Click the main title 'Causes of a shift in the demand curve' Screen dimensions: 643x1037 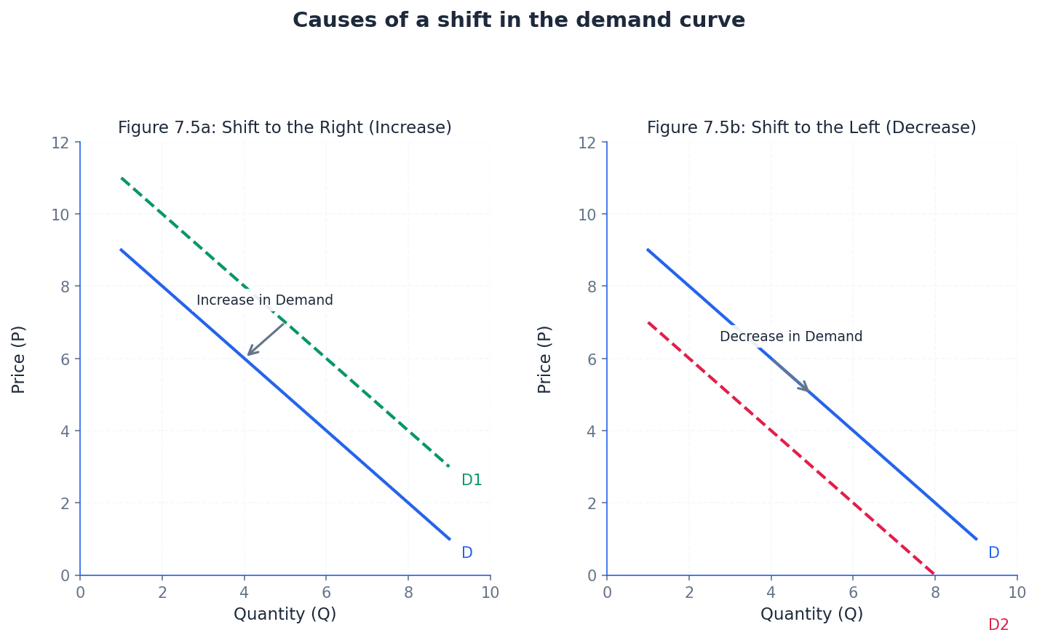518,20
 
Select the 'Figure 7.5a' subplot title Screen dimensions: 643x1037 285,128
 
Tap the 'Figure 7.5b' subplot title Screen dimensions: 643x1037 811,128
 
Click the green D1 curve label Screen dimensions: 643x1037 472,480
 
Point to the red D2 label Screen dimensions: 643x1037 998,625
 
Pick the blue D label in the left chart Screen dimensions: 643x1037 467,553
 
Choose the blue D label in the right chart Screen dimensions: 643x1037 993,553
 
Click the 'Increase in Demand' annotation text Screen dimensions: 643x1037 265,300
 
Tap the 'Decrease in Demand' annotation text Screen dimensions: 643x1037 791,337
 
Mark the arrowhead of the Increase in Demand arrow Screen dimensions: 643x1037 249,354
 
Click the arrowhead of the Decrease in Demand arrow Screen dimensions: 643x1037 807,390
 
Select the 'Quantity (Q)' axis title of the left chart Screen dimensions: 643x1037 285,615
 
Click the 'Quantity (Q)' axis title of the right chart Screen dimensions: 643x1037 811,615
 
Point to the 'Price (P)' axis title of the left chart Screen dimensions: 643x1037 19,359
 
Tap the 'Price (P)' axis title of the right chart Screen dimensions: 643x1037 545,359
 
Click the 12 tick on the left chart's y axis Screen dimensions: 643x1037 60,142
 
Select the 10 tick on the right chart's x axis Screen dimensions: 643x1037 1017,593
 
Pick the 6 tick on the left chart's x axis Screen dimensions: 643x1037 326,593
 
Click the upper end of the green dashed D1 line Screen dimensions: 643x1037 122,177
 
